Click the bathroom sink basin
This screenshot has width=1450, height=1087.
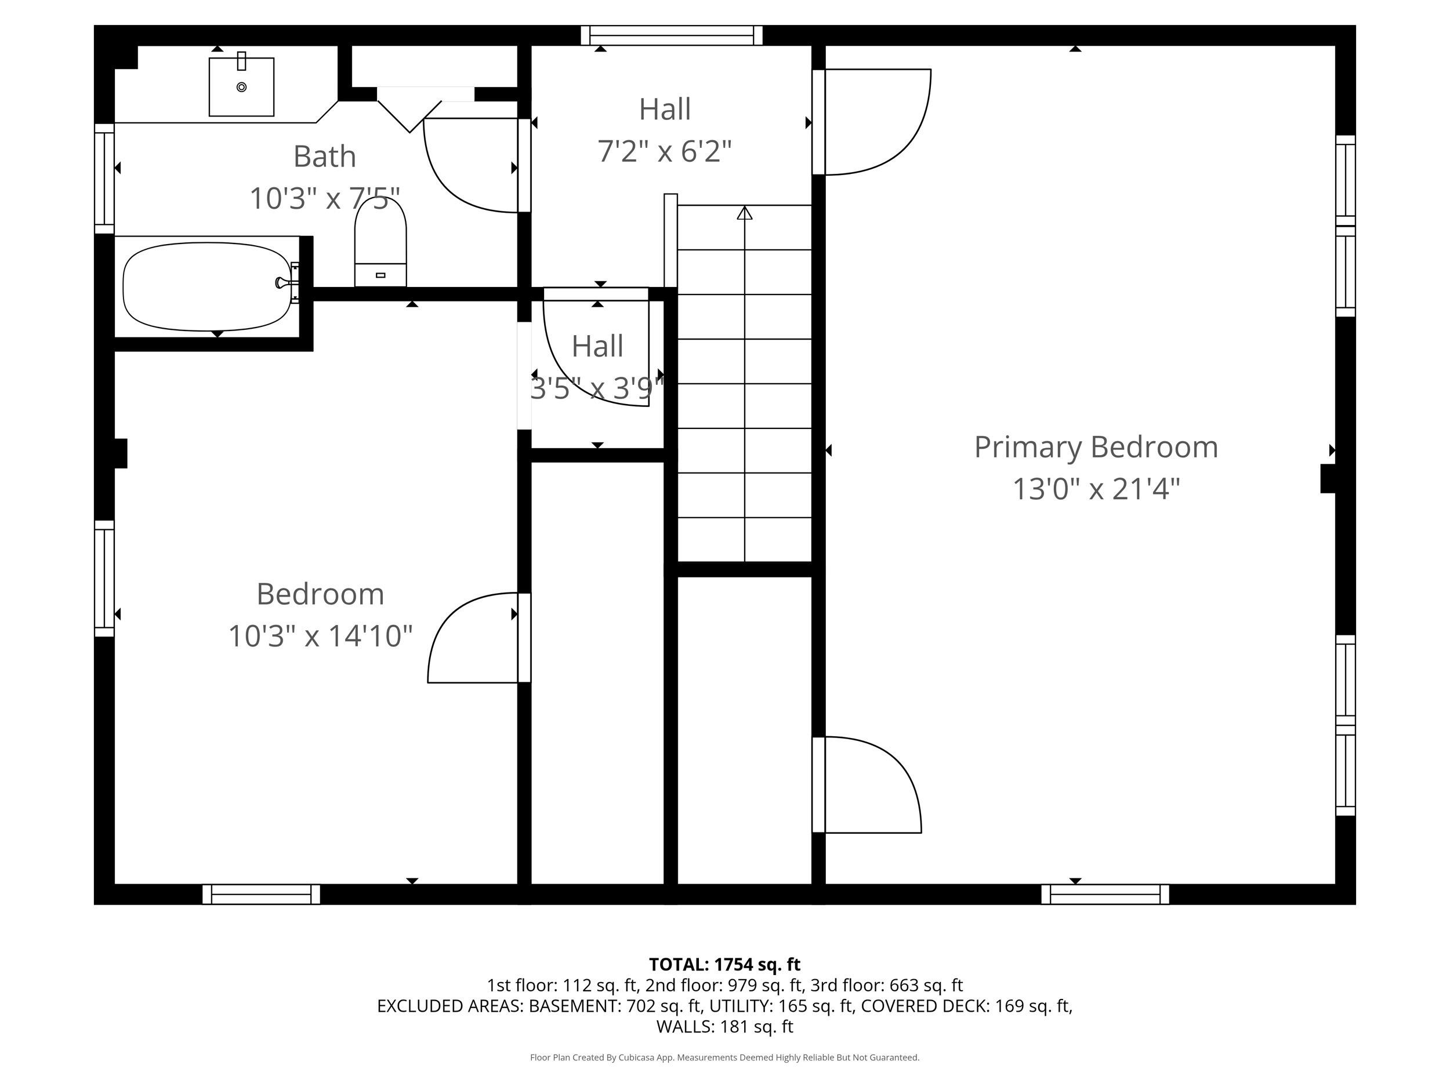[241, 87]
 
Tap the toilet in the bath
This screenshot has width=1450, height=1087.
[380, 242]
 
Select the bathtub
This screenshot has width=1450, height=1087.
[207, 286]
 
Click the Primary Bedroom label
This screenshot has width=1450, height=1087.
[1096, 448]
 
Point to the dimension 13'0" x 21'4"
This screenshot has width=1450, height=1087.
[1096, 489]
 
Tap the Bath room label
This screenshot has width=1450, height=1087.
[324, 157]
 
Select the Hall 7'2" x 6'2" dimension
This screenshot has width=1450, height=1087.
[664, 151]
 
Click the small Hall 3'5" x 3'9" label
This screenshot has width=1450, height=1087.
[596, 347]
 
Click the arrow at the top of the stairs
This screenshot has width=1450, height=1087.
[744, 213]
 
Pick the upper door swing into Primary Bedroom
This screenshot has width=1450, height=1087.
[875, 122]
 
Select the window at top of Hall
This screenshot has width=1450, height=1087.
[671, 35]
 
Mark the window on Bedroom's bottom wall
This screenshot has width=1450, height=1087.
[261, 894]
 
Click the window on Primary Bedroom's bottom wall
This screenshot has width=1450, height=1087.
[1104, 894]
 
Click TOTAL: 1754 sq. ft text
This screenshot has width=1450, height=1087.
[724, 965]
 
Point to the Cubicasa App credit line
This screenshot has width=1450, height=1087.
[724, 1057]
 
